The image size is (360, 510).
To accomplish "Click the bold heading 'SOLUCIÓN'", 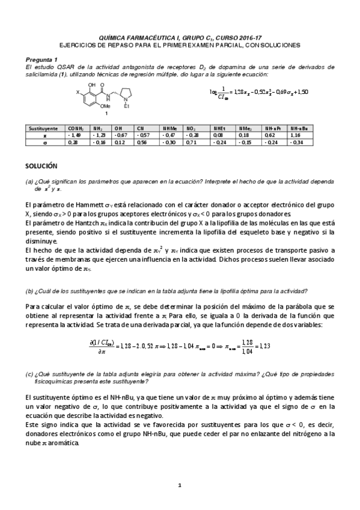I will (x=41, y=164).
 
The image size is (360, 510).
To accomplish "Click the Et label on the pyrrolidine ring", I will (x=126, y=108).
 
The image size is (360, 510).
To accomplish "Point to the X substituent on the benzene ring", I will (x=78, y=92).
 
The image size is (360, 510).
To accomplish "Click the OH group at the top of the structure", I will (x=92, y=85).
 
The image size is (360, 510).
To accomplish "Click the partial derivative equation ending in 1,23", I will (x=180, y=345).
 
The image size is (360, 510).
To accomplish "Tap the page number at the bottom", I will (x=180, y=485).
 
